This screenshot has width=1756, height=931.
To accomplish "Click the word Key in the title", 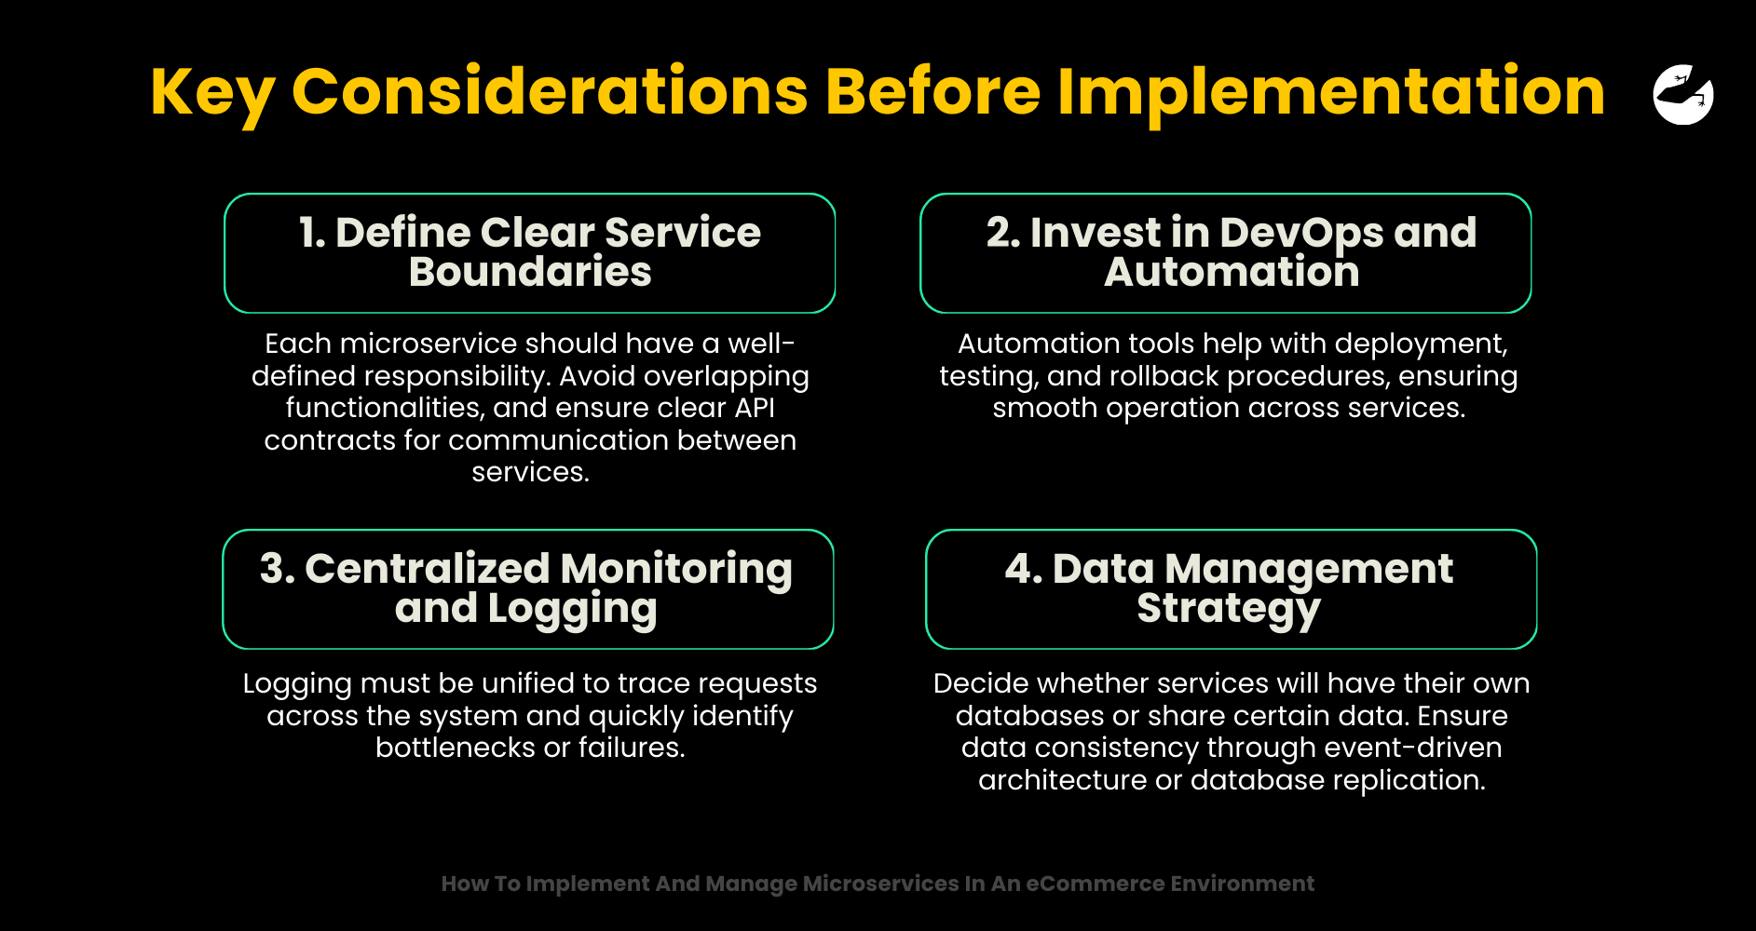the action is [x=212, y=94].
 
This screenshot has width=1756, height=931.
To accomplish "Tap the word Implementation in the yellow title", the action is [x=1331, y=94].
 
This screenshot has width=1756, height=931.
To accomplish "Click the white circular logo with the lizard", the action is [x=1683, y=94].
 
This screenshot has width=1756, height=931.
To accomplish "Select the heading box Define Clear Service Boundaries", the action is [x=530, y=253].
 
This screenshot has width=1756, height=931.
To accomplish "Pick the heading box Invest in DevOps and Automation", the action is [x=1226, y=253].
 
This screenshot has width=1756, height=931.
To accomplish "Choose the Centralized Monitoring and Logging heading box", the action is [x=528, y=589].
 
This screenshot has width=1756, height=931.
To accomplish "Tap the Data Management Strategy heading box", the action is [x=1232, y=589].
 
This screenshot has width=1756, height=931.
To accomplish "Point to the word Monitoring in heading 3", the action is [x=676, y=570].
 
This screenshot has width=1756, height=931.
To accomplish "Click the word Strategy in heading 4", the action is [x=1229, y=610].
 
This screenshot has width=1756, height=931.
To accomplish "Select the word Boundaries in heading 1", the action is [x=530, y=272].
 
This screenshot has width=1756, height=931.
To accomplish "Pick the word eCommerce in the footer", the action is [x=1095, y=884].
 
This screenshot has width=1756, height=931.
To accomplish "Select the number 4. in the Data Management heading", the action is [x=1024, y=569].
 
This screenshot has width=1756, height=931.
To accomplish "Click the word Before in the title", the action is [x=932, y=92].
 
